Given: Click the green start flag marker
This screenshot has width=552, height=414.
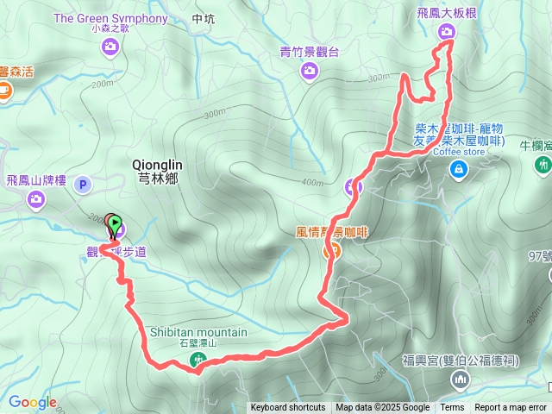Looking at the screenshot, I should (x=115, y=223).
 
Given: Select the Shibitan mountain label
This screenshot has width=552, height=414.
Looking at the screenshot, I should (x=198, y=332).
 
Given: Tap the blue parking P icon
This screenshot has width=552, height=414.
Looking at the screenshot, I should (x=83, y=183).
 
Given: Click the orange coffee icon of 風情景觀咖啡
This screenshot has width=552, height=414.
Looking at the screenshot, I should (x=329, y=251).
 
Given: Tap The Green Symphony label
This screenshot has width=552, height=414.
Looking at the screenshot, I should (x=110, y=17).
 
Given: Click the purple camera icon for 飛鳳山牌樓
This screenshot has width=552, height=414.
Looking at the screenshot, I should (x=35, y=200).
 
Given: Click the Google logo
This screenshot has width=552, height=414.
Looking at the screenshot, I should (x=33, y=402).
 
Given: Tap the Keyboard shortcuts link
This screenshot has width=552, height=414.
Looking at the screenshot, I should (x=288, y=408).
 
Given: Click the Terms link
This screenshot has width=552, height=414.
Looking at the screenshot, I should (x=452, y=408).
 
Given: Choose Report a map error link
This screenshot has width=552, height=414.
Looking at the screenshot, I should (x=511, y=408).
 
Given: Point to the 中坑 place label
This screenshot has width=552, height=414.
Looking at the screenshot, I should (x=204, y=18).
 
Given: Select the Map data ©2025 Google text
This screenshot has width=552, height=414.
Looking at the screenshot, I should (x=382, y=408).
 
